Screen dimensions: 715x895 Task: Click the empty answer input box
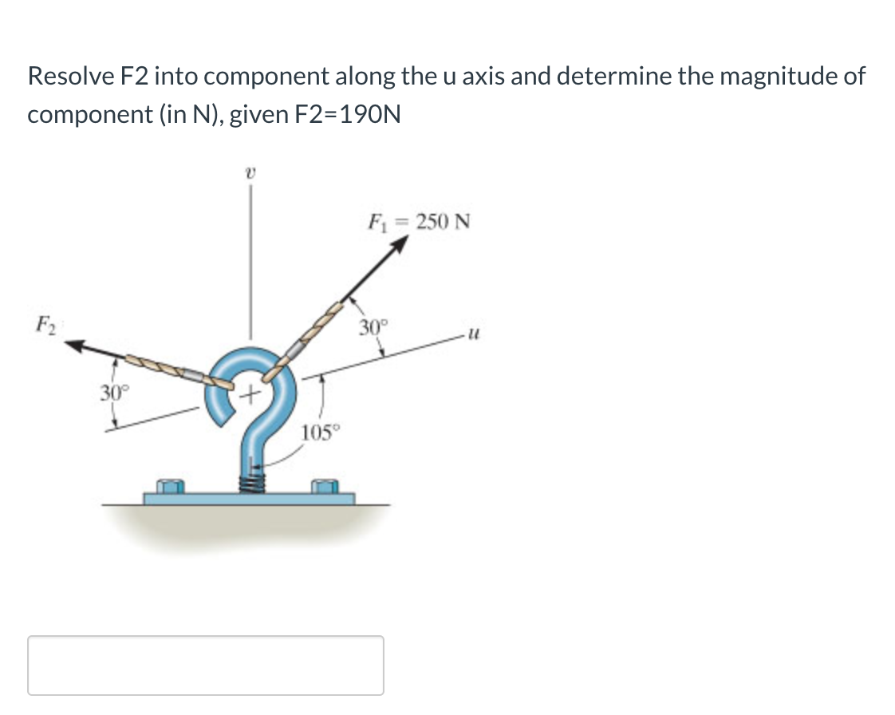click(x=205, y=665)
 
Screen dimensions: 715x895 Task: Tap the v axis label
click(x=250, y=170)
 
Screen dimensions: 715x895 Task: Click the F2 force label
click(x=42, y=326)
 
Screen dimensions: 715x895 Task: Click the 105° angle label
click(x=321, y=433)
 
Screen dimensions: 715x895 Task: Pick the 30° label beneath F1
click(x=372, y=326)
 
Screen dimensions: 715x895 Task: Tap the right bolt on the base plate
click(x=323, y=486)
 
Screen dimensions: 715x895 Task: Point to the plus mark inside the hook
click(x=252, y=392)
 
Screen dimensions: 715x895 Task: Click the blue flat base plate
click(x=249, y=499)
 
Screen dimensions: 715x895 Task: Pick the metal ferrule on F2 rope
click(x=194, y=373)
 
